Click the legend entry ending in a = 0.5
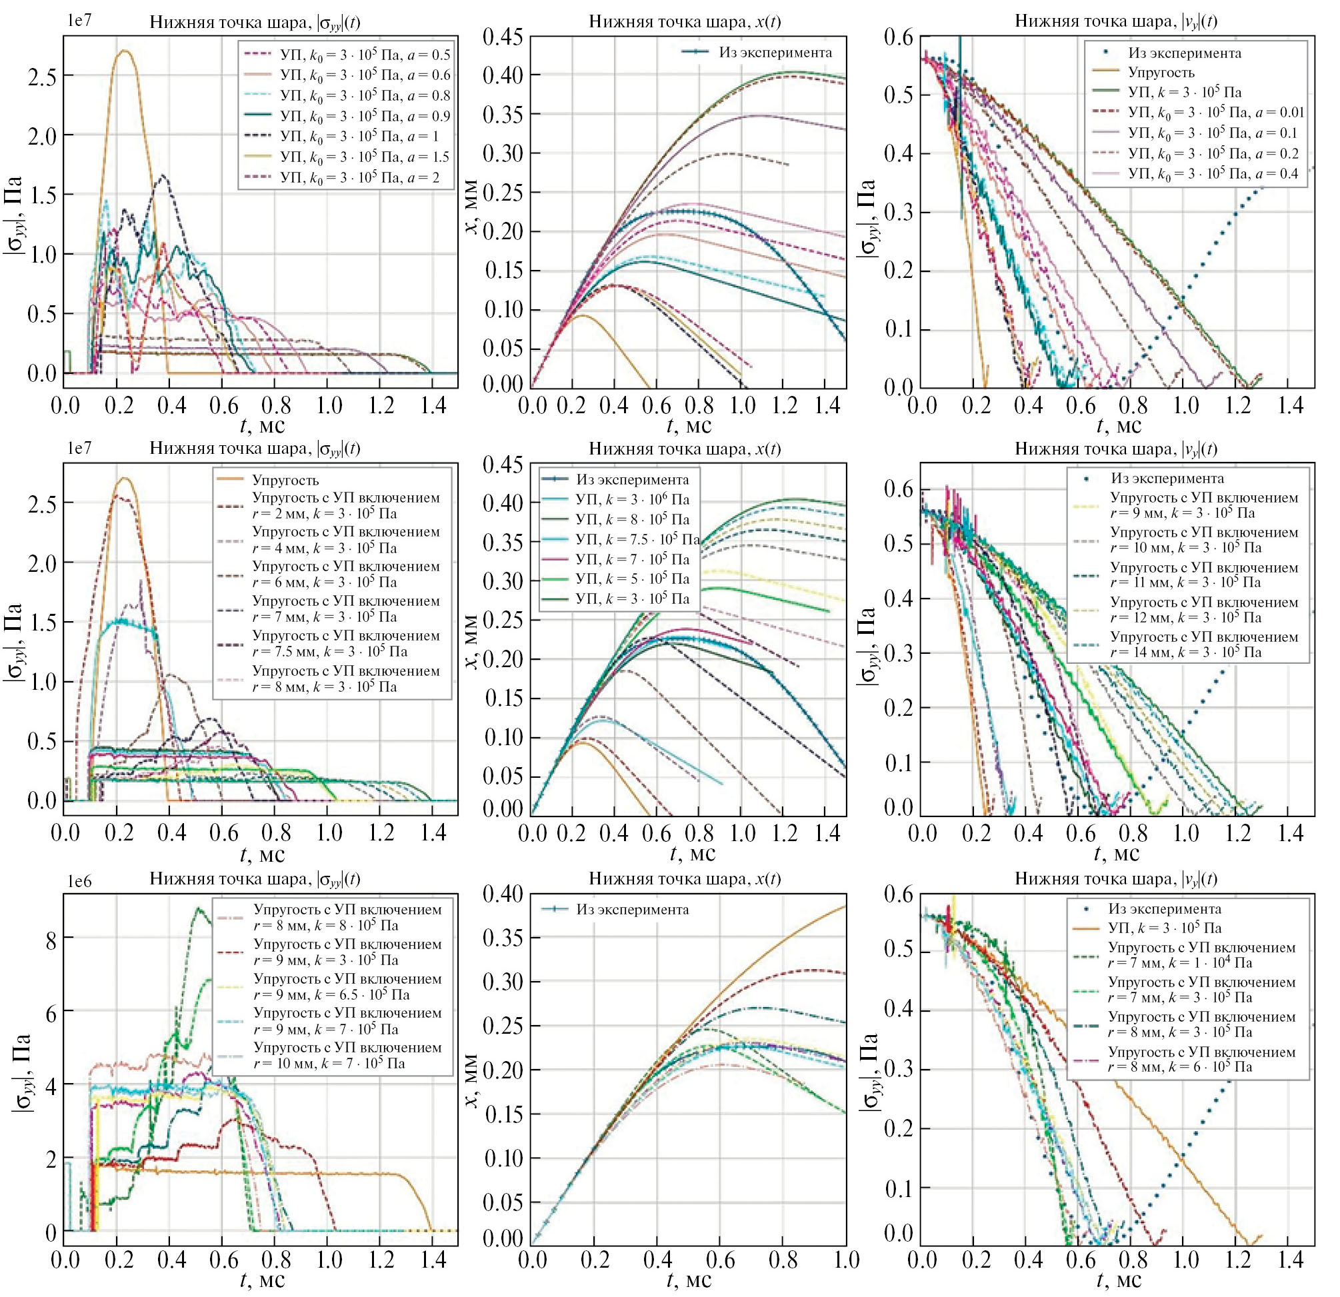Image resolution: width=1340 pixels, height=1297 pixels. point(365,55)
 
